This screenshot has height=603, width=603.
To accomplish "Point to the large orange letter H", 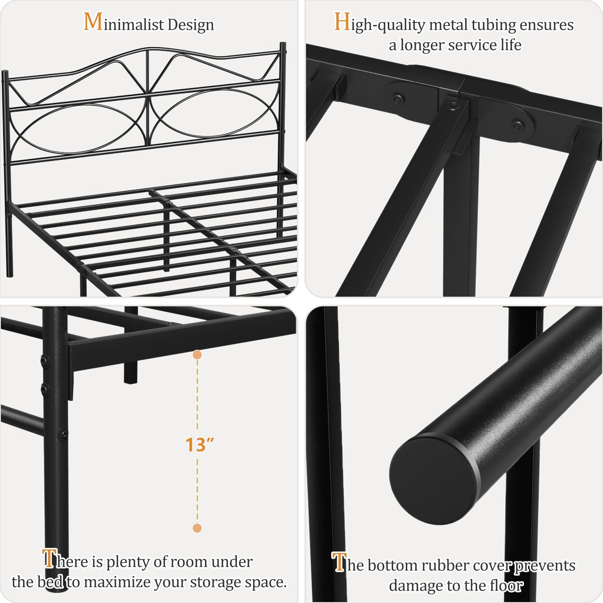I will tap(342, 22).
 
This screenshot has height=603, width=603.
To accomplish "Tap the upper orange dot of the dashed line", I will tap(197, 355).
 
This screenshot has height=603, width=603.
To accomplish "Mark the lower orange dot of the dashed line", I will tap(197, 528).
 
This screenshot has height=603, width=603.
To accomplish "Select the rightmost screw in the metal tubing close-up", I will tap(518, 125).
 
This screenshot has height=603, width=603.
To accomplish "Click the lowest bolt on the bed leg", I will tap(64, 435).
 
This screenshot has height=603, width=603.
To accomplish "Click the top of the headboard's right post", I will tap(283, 46).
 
